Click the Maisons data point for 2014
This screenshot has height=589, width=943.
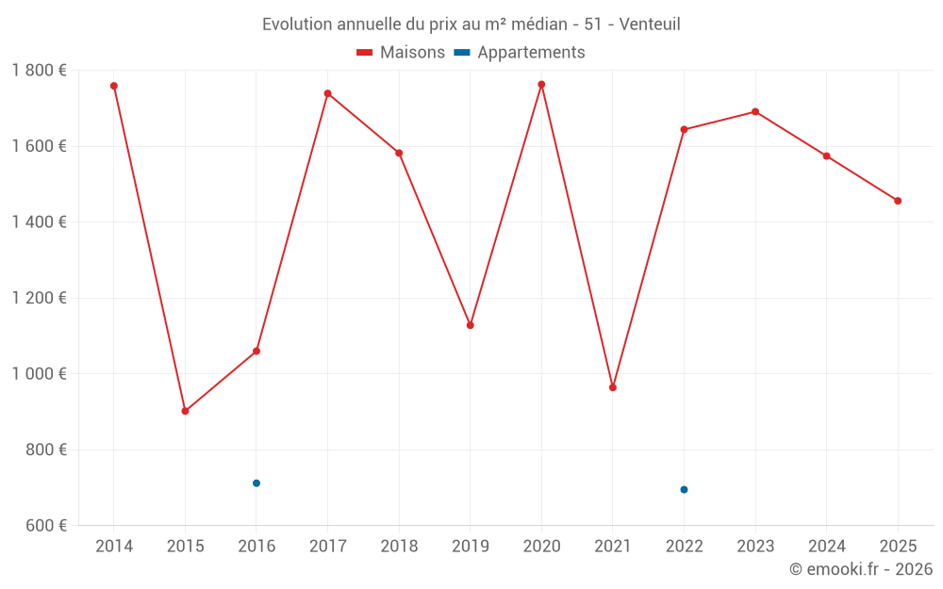point(114,86)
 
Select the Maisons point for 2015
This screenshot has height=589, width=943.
point(185,411)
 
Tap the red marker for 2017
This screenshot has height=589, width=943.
point(327,93)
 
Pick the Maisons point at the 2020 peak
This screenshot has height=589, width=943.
point(541,85)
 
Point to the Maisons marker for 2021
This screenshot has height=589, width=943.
point(613,387)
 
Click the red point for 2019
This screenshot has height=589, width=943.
point(471,325)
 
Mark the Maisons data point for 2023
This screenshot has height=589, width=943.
point(755,112)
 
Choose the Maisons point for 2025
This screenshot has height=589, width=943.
point(898,201)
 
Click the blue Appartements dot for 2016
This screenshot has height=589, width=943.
point(256,483)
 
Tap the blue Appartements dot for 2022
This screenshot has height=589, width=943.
point(684,489)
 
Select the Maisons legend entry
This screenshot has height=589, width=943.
point(401,53)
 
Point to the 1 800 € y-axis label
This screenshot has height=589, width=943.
point(39,71)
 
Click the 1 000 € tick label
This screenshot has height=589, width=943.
point(39,374)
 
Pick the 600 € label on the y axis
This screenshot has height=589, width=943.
point(44,526)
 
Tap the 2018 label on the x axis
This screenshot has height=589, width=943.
point(399,547)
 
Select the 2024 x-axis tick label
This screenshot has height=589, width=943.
point(826,547)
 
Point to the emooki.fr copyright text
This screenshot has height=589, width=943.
point(860,569)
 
